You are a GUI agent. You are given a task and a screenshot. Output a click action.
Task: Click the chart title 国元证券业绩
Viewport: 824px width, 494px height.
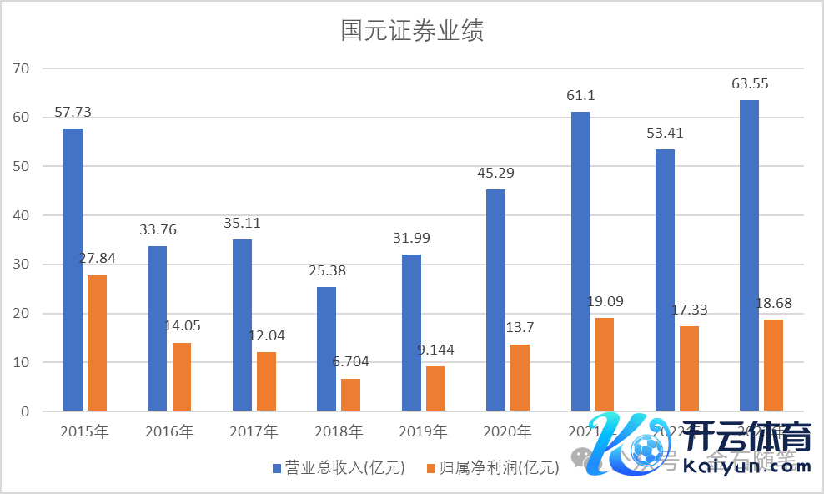pyautogui.click(x=412, y=32)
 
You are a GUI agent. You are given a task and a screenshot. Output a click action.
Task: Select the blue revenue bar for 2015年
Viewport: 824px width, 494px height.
pyautogui.click(x=73, y=269)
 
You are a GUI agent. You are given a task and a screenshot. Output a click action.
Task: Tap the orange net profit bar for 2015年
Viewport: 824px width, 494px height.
pyautogui.click(x=98, y=342)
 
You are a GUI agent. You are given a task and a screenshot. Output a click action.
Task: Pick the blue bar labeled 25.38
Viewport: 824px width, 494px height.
pyautogui.click(x=326, y=349)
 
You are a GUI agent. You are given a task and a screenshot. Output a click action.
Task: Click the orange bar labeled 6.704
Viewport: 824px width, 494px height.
pyautogui.click(x=350, y=395)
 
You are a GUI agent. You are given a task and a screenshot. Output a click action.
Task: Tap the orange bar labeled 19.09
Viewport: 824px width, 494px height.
pyautogui.click(x=605, y=365)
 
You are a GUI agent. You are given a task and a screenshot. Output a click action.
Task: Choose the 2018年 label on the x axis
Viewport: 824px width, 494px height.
pyautogui.click(x=339, y=432)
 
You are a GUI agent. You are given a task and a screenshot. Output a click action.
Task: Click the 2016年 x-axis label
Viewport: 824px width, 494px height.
pyautogui.click(x=169, y=432)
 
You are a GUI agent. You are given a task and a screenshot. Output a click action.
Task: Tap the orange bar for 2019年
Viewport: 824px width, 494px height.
pyautogui.click(x=435, y=388)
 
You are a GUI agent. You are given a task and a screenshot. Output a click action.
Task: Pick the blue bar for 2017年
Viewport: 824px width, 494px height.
pyautogui.click(x=242, y=325)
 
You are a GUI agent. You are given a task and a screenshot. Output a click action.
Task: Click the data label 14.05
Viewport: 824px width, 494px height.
pyautogui.click(x=181, y=326)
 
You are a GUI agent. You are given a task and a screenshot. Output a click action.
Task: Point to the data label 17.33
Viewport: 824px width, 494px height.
pyautogui.click(x=689, y=310)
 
